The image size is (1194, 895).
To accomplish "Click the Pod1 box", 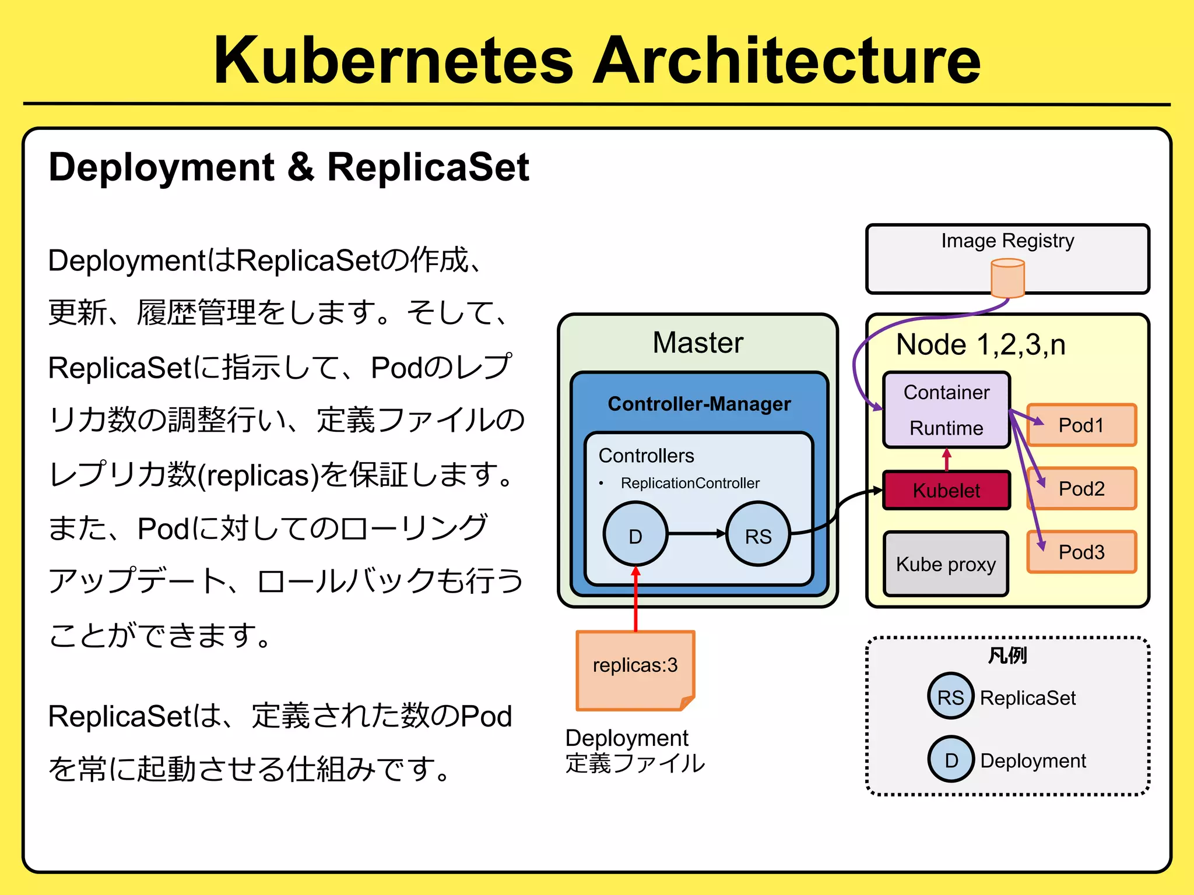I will [1081, 425].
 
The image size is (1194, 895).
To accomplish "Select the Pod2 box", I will [1081, 489].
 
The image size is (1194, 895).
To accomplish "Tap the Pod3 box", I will [1081, 552].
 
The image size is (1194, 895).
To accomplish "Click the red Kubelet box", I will [946, 490].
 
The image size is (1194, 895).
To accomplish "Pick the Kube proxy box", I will [946, 564].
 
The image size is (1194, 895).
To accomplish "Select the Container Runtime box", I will [946, 410].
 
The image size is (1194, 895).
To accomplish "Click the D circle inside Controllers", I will [635, 534].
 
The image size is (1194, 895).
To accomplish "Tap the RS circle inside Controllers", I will [758, 534].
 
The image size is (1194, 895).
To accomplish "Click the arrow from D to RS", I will [697, 533].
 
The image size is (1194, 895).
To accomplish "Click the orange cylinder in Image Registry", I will [1007, 279].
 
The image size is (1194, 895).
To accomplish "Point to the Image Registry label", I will [1007, 240].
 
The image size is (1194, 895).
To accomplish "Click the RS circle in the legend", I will [950, 696].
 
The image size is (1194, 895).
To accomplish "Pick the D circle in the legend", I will [951, 759].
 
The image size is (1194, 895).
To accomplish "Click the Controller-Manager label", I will [699, 403].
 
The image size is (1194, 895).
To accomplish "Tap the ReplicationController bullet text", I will [690, 483].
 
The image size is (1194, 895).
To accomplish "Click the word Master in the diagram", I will [698, 342].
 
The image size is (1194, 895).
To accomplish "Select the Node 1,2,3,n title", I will [981, 344].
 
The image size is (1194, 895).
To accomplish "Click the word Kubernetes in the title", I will [394, 60].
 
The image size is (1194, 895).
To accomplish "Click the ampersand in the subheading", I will [301, 167].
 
